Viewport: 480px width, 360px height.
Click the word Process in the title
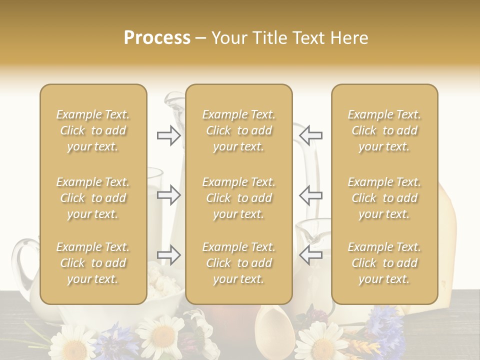(x=157, y=38)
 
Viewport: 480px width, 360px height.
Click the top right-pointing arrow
(x=168, y=135)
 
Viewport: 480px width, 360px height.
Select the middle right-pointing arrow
(x=168, y=195)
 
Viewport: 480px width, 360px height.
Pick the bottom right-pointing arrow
(x=168, y=255)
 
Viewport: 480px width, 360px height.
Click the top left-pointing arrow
(x=311, y=135)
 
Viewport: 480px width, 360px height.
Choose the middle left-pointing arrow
(x=311, y=195)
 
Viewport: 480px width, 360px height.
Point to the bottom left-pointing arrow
(x=311, y=255)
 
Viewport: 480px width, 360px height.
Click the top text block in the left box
(x=93, y=130)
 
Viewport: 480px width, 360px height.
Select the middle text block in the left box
(x=93, y=198)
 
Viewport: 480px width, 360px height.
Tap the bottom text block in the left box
(x=93, y=263)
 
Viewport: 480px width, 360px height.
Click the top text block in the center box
(x=238, y=130)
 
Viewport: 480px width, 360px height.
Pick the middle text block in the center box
(x=238, y=198)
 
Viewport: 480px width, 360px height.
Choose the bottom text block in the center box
(x=238, y=263)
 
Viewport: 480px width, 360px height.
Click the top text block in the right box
(x=384, y=130)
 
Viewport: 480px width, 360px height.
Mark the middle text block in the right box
(x=384, y=198)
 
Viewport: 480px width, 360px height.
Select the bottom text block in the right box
(x=384, y=263)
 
